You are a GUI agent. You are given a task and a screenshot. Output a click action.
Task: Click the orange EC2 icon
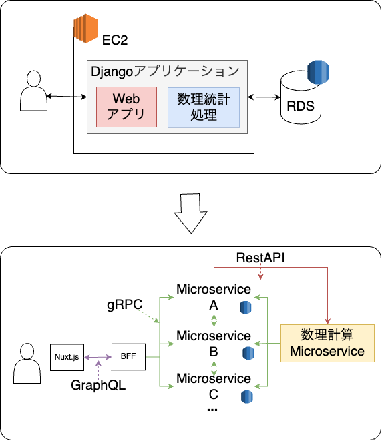coord(85,28)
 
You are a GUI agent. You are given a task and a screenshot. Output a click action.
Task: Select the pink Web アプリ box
coord(126,107)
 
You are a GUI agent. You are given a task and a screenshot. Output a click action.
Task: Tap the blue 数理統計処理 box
coord(204,107)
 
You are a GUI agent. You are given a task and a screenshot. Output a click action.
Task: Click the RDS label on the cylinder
coord(301,106)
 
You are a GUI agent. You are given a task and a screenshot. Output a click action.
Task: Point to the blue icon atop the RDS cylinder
coord(318,72)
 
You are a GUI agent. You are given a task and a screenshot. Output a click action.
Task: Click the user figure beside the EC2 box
coord(34,91)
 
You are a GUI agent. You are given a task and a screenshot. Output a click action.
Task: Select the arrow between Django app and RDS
coord(264,97)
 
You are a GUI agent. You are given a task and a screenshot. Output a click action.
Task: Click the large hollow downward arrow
coord(190,213)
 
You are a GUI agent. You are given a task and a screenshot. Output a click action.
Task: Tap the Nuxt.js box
coord(67,357)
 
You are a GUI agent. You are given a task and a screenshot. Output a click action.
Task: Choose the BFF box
coord(128,357)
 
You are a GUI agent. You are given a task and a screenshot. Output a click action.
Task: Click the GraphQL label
coord(98,385)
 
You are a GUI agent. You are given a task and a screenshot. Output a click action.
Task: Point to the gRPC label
coord(125,305)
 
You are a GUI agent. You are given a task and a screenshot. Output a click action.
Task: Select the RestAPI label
coord(260,258)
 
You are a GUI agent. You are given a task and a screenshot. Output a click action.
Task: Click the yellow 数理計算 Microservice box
coord(327,343)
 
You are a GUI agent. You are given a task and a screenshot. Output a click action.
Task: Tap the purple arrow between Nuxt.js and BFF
coord(98,357)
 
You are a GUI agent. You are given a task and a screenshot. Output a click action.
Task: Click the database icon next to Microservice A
coord(246,307)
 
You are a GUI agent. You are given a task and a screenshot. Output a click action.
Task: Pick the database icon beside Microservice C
coord(247,397)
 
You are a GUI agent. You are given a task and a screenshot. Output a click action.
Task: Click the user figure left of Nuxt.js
coord(27,363)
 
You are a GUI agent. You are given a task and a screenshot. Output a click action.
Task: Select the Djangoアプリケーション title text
coord(165,71)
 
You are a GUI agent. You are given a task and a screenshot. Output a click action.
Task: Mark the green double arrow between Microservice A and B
coord(214,320)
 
